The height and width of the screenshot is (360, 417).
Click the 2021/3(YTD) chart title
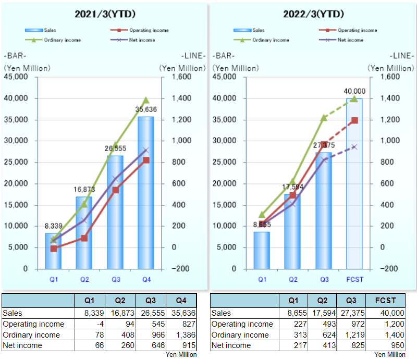tap(105, 14)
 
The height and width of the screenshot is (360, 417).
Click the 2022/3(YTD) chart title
tap(313, 14)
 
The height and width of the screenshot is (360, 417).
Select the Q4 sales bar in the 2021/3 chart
tap(146, 193)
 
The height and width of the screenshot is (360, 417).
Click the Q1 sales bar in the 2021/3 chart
tap(53, 251)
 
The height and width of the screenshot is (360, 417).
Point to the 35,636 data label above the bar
tap(146, 109)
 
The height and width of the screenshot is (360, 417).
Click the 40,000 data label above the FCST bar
tap(354, 91)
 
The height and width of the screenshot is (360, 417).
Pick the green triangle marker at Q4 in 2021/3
tap(146, 100)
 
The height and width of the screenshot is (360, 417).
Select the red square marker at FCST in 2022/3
tap(354, 120)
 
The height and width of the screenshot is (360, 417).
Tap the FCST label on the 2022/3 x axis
tap(354, 280)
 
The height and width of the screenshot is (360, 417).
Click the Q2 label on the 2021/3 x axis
tap(84, 280)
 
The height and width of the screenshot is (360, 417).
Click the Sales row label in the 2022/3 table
tap(221, 313)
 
